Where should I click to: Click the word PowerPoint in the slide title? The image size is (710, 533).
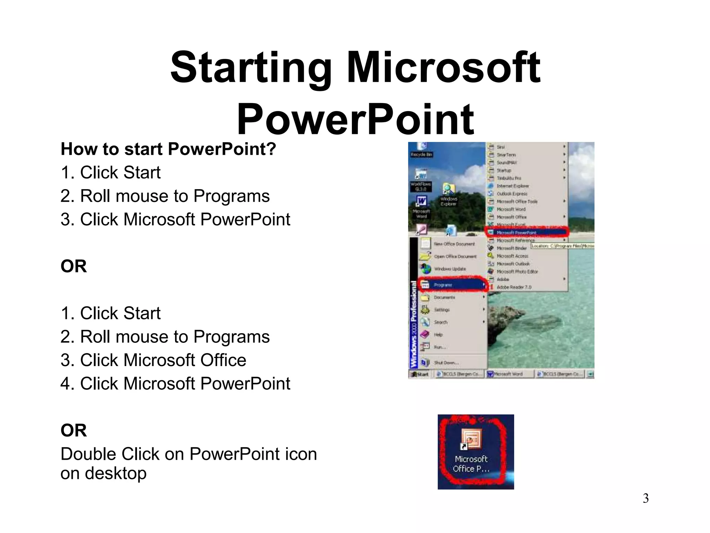point(355,119)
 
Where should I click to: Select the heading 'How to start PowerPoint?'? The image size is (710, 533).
point(168,149)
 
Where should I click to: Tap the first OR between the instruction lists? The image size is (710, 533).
point(73,266)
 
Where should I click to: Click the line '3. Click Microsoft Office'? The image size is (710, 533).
point(153,360)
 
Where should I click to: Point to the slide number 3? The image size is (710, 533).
point(646,499)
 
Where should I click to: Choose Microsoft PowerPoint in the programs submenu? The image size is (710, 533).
point(516,232)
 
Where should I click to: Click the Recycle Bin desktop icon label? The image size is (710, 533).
point(421,154)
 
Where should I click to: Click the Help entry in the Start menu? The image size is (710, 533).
point(438,335)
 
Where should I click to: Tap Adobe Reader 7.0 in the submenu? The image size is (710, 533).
point(514,287)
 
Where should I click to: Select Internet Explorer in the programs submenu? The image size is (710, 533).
point(512,186)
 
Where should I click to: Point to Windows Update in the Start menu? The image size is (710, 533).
point(450,269)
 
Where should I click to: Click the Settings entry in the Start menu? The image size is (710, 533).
point(442,310)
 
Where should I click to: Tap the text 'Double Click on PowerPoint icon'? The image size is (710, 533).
point(189,454)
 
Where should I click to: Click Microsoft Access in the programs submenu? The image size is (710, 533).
point(512,256)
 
